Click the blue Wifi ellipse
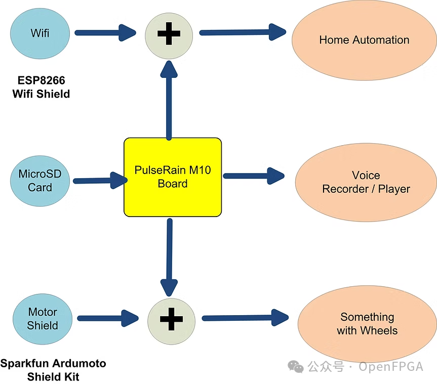tap(40, 33)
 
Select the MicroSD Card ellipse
tap(40, 181)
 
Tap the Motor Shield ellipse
tap(43, 319)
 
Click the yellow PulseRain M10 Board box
tap(173, 177)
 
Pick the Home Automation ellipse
tap(364, 40)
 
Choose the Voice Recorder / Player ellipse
tap(366, 182)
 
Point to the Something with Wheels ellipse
tap(367, 324)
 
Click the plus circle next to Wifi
tap(169, 34)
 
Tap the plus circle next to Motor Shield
tap(171, 319)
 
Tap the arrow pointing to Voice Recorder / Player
tap(253, 176)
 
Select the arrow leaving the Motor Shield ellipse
tap(108, 319)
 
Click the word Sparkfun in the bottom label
tap(23, 364)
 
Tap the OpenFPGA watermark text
tap(390, 367)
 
